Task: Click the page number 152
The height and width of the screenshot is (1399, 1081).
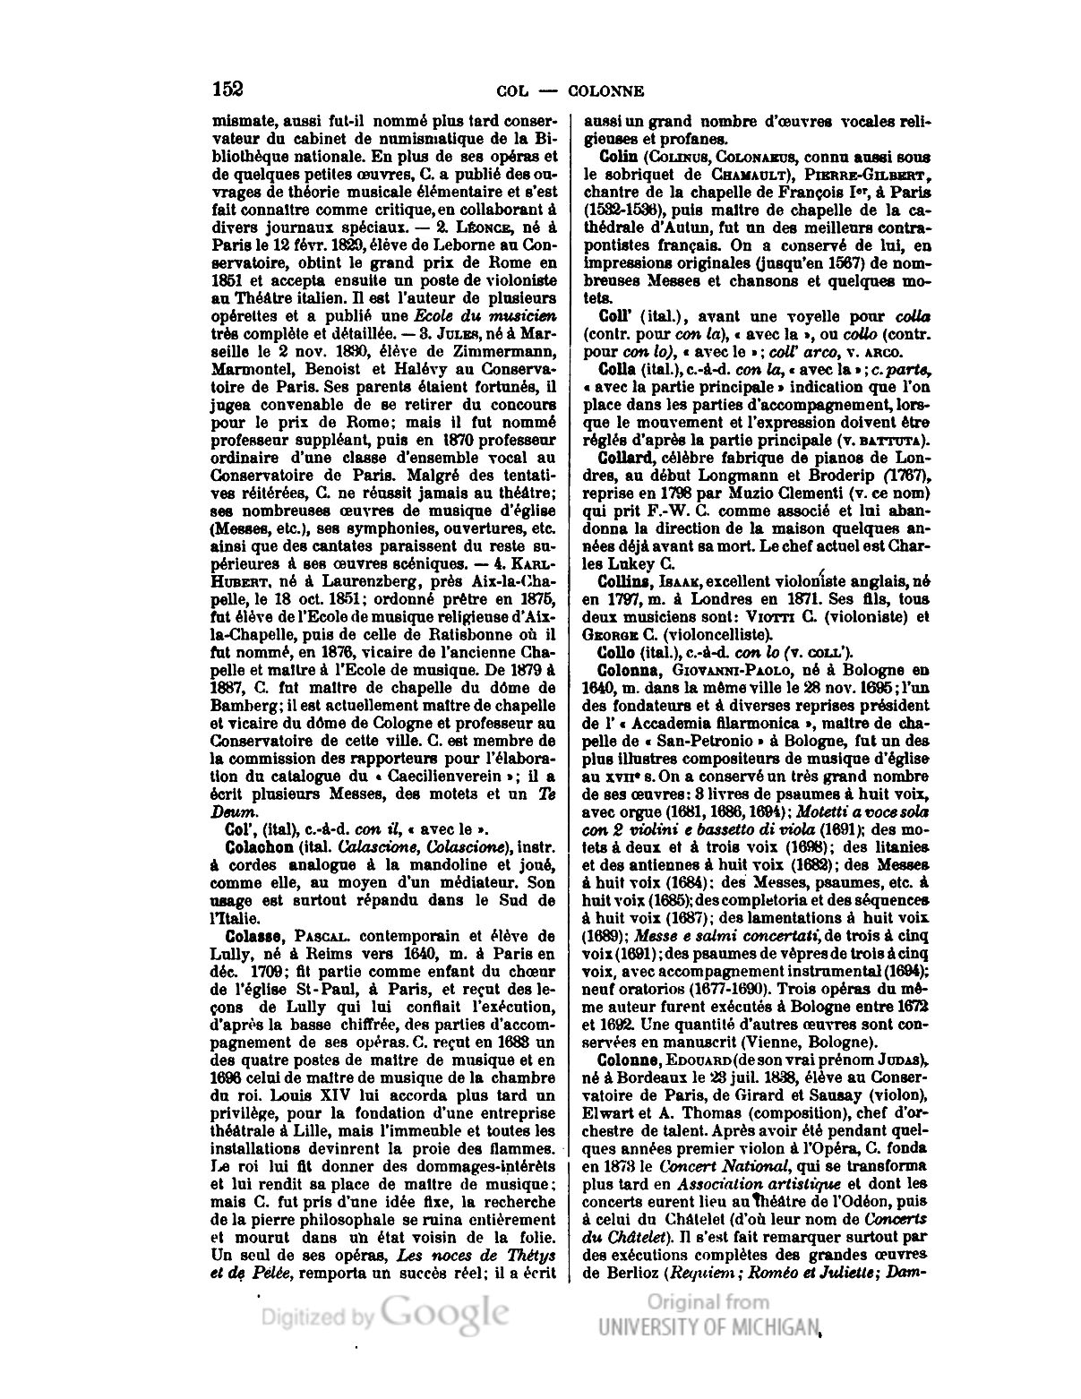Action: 228,89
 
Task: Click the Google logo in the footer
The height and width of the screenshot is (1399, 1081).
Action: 445,1312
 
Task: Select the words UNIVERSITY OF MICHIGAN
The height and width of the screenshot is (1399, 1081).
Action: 709,1327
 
